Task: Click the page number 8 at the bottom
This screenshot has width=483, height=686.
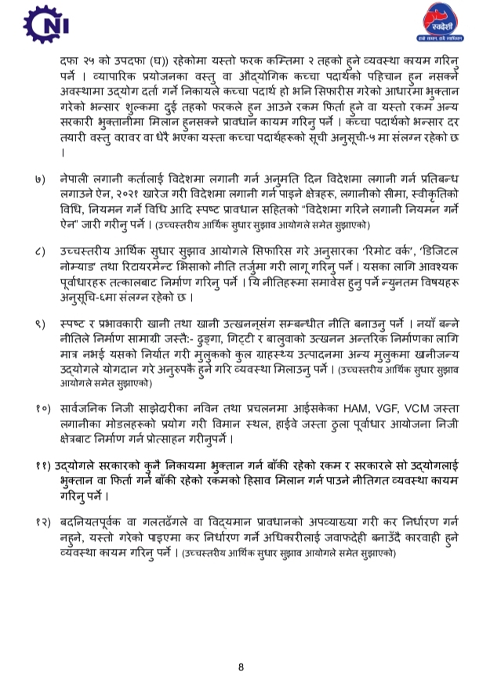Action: (x=241, y=667)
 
